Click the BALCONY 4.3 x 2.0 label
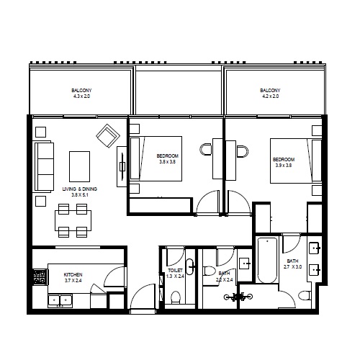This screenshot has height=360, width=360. (x=81, y=93)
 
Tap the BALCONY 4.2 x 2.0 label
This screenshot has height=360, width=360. (x=270, y=93)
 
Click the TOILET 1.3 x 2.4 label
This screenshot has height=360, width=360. (x=176, y=273)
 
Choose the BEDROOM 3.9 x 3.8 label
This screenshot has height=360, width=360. (x=282, y=162)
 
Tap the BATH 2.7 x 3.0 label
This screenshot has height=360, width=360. (x=292, y=264)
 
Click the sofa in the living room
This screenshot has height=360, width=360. (x=44, y=167)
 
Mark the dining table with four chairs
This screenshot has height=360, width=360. (x=73, y=220)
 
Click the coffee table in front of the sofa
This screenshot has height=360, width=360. (x=79, y=166)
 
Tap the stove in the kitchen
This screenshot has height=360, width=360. (x=40, y=278)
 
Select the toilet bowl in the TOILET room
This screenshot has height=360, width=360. (x=175, y=297)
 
